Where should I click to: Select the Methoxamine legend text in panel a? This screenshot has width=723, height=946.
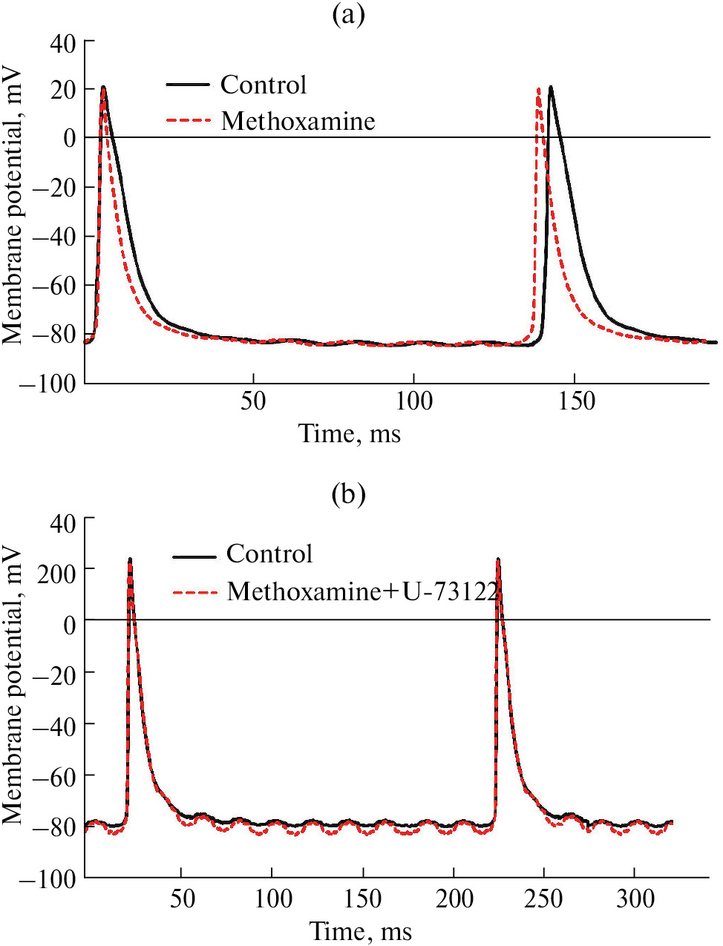(298, 121)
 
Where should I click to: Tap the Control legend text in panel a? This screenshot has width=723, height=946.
(264, 85)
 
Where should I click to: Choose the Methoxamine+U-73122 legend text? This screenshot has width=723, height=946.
(362, 591)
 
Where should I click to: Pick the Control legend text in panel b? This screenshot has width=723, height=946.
(269, 554)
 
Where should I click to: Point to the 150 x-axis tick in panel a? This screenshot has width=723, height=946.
(577, 401)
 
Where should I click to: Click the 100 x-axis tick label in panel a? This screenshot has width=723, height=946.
(413, 401)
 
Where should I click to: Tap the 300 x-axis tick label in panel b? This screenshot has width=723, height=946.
(636, 899)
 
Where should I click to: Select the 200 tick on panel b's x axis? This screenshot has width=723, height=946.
(454, 899)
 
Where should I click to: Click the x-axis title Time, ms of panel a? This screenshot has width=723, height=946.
(350, 433)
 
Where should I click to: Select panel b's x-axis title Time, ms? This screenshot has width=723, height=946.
(361, 930)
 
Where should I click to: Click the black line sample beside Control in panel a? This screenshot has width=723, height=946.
(188, 85)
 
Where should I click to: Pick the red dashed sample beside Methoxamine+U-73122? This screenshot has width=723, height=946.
(195, 592)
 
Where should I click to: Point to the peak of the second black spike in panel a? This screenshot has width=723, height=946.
(551, 87)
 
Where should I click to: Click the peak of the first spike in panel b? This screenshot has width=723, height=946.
(131, 559)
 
